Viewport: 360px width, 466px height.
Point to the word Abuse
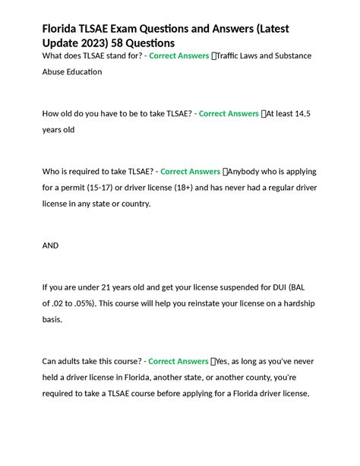[x=56, y=72]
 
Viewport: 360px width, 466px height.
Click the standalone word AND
[x=50, y=246]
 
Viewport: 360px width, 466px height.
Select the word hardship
[x=294, y=303]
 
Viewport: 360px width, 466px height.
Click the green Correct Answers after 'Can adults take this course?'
[x=178, y=361]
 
